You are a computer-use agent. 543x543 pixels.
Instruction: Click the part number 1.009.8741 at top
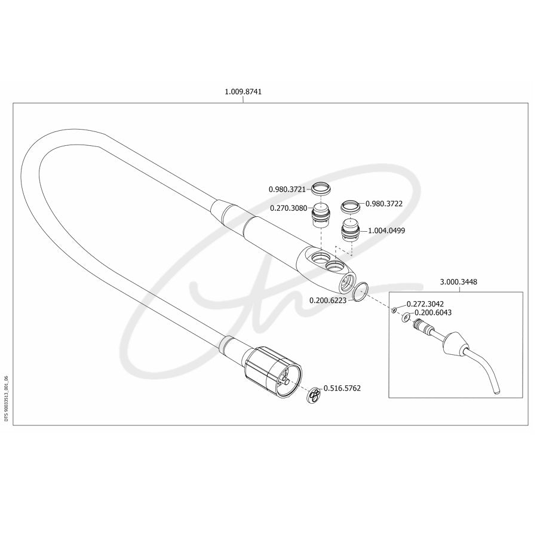click(243, 92)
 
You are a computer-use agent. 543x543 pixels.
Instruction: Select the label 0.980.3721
click(287, 189)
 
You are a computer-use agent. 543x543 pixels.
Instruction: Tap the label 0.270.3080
click(289, 208)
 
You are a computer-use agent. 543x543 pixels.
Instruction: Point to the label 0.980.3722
click(384, 204)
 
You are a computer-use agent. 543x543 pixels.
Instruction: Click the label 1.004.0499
click(386, 231)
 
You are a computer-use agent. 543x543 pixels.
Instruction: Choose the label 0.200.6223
click(328, 300)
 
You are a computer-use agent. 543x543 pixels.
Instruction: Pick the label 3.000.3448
click(459, 282)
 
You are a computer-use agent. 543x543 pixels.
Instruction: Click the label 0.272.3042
click(425, 304)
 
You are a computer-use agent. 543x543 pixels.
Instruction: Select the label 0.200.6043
click(433, 312)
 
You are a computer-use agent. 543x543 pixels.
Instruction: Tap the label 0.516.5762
click(342, 388)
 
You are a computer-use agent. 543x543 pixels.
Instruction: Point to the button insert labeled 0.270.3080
click(321, 214)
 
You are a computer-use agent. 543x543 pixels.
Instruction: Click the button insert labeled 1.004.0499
click(351, 231)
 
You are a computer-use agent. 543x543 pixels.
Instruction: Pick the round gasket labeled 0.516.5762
click(315, 394)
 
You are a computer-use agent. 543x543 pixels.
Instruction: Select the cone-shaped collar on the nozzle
click(455, 344)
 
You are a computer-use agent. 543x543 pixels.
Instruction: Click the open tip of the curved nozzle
click(496, 392)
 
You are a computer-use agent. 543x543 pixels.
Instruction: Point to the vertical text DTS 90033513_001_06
click(6, 398)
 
